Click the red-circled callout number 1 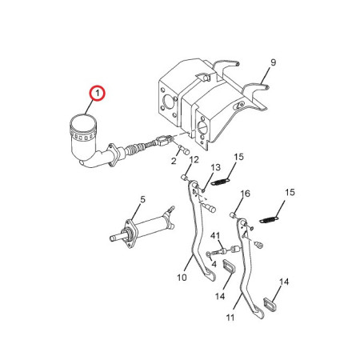point(98,94)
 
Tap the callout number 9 point(273,62)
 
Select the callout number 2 point(174,161)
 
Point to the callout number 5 point(142,199)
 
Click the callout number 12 point(194,160)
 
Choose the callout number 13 point(215,167)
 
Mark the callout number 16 point(246,194)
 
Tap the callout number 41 point(215,236)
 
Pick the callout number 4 point(214,264)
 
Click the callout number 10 point(182,278)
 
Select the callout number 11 point(230,318)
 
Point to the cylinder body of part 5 point(150,226)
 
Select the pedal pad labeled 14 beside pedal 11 point(270,304)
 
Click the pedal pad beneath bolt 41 point(229,267)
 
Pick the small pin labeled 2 point(183,150)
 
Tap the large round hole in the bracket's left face point(168,101)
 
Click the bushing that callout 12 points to point(184,177)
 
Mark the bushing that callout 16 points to point(234,214)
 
